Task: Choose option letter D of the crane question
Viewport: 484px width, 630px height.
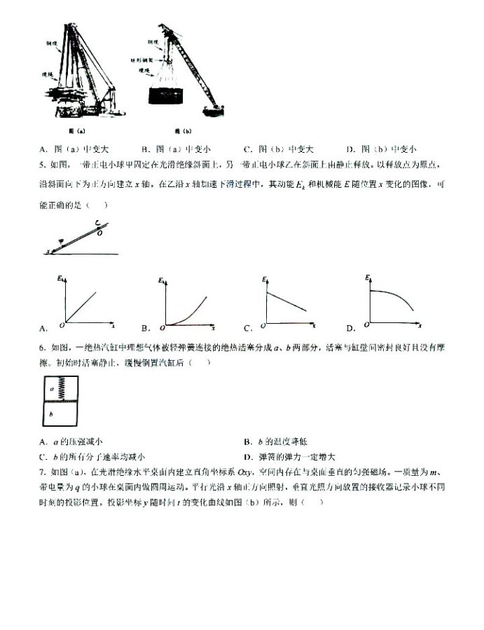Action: (x=350, y=149)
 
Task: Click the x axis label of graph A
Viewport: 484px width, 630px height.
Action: (x=113, y=326)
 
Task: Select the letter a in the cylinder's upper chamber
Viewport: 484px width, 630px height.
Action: (x=51, y=386)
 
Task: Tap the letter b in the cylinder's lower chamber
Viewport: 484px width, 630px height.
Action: (x=50, y=413)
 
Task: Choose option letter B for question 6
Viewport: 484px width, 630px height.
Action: (x=247, y=441)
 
